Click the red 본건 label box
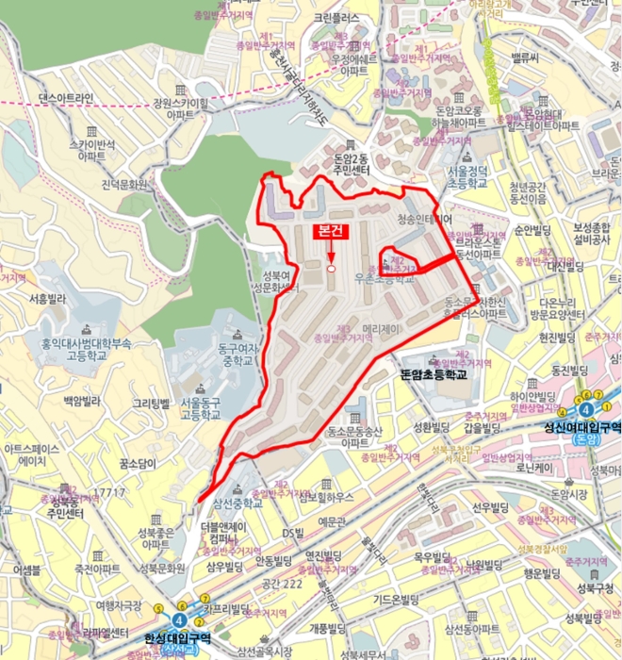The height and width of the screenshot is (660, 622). [x=331, y=231]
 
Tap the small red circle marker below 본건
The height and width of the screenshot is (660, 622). [x=332, y=270]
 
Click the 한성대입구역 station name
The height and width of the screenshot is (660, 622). [x=178, y=638]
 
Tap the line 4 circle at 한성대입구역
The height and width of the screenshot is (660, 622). [x=178, y=619]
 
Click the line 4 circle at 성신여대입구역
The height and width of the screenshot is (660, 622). [x=586, y=408]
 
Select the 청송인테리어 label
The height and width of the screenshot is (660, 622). [x=426, y=219]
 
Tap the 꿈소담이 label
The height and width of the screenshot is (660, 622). [x=138, y=464]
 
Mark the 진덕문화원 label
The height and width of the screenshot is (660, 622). [x=125, y=185]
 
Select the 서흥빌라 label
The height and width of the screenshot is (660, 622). [x=45, y=299]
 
